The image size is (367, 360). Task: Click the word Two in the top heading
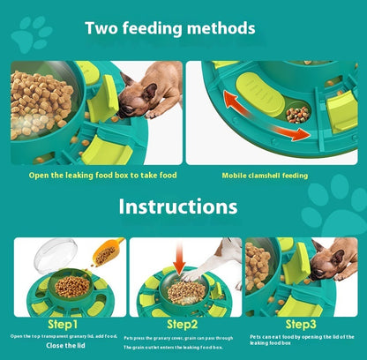[101, 28]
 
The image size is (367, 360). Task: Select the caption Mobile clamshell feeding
[265, 176]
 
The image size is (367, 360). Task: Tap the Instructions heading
[178, 207]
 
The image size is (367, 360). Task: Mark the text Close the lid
[66, 347]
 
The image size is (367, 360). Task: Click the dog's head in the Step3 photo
[324, 260]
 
